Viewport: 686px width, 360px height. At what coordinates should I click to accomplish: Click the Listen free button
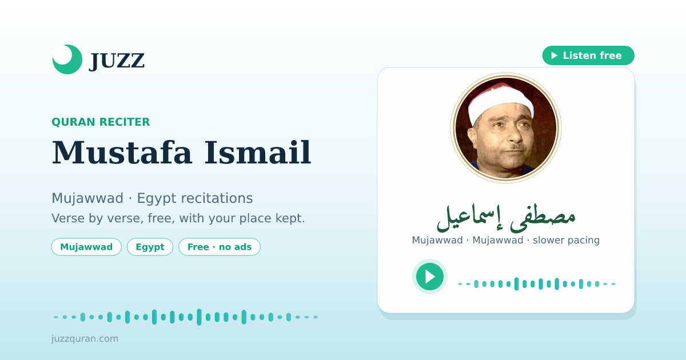(588, 55)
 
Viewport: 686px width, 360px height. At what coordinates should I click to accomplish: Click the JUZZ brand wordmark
(117, 61)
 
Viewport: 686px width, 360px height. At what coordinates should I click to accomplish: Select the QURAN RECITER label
(101, 122)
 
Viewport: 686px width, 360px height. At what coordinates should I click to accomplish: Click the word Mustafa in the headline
(122, 153)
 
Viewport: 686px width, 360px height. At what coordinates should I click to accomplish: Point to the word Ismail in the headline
(258, 153)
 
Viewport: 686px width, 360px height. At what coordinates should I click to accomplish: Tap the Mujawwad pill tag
(86, 247)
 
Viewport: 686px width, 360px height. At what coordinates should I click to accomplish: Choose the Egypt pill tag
(150, 247)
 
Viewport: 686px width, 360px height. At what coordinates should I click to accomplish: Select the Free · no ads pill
(220, 247)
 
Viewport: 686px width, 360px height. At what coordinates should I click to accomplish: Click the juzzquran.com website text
(85, 338)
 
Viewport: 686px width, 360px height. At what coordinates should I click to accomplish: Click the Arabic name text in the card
(506, 217)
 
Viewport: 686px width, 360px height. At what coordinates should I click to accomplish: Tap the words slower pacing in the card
(566, 240)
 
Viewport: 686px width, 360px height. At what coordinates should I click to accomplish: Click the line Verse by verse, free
(178, 218)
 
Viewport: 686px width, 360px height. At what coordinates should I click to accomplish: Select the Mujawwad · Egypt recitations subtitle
(152, 198)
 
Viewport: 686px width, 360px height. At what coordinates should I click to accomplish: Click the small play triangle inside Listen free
(555, 55)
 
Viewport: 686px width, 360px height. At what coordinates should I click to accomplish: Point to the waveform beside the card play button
(537, 284)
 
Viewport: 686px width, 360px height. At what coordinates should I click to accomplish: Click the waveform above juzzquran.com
(186, 317)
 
